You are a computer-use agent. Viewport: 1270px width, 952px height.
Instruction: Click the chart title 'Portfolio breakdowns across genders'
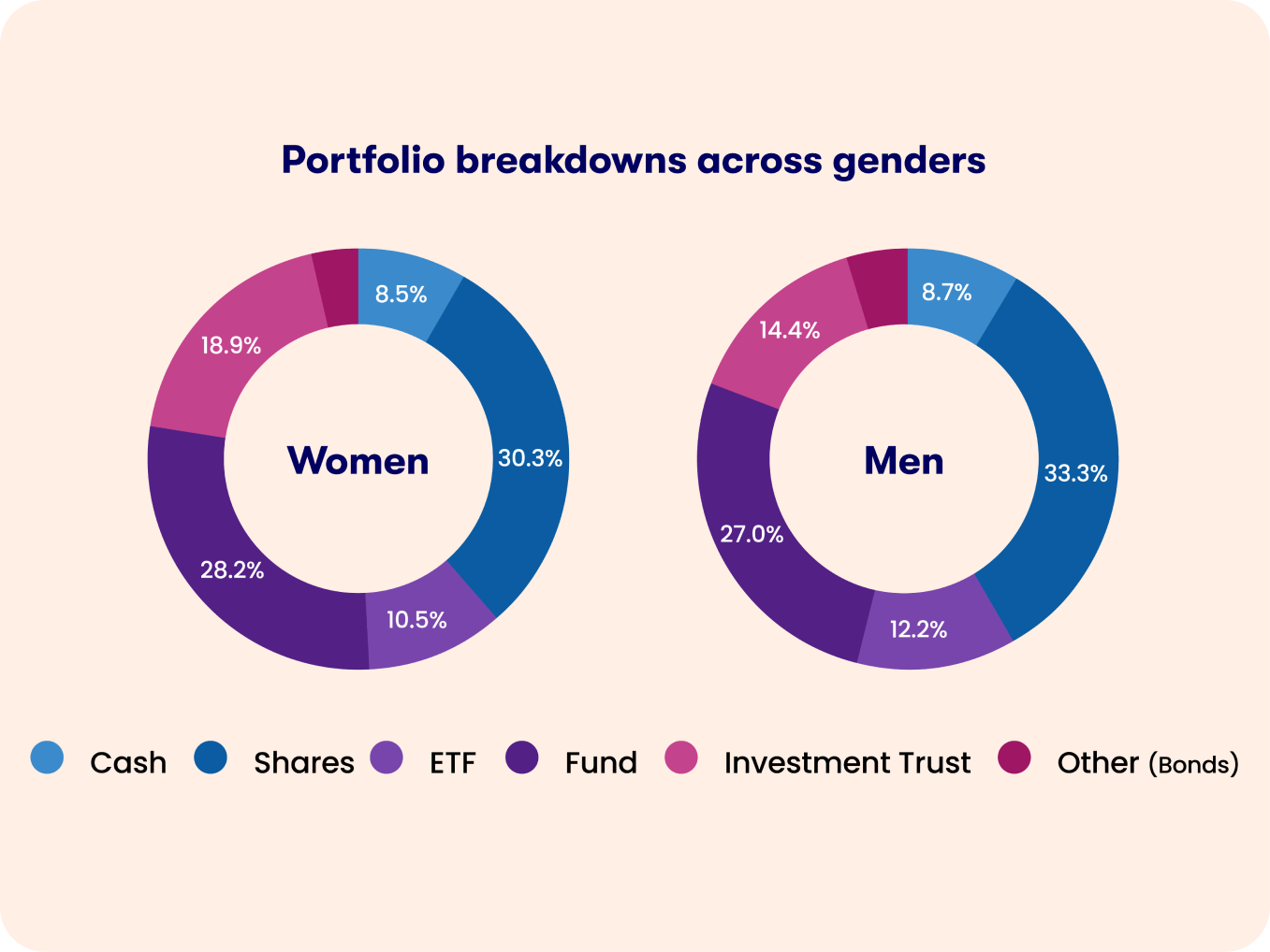click(634, 160)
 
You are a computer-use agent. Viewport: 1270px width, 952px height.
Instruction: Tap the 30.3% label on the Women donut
click(530, 458)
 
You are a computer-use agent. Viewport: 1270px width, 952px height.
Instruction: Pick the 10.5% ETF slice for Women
click(417, 620)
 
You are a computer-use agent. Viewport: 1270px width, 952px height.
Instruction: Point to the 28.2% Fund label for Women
click(232, 570)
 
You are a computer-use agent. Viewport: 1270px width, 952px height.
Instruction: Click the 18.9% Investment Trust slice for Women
click(231, 346)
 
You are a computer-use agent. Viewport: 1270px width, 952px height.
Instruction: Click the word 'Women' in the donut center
click(358, 460)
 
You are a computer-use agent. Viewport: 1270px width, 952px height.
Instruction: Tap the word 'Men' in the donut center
click(903, 460)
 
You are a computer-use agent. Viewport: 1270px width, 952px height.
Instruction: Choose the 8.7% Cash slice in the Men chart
click(947, 293)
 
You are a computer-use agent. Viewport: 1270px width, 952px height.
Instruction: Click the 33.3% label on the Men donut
click(1075, 473)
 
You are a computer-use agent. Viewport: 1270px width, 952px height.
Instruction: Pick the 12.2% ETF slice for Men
click(918, 629)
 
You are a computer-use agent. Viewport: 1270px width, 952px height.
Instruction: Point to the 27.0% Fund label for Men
click(752, 534)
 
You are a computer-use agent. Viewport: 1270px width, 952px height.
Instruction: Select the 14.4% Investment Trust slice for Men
click(789, 330)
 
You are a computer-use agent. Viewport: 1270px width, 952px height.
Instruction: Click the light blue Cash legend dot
click(47, 757)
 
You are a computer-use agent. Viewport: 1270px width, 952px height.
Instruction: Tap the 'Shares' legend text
click(304, 763)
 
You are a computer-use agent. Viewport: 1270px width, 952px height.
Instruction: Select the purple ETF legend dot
click(387, 757)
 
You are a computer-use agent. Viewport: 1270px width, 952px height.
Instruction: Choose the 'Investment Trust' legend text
click(847, 763)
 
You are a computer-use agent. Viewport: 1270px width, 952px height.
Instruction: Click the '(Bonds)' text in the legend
click(1193, 764)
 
